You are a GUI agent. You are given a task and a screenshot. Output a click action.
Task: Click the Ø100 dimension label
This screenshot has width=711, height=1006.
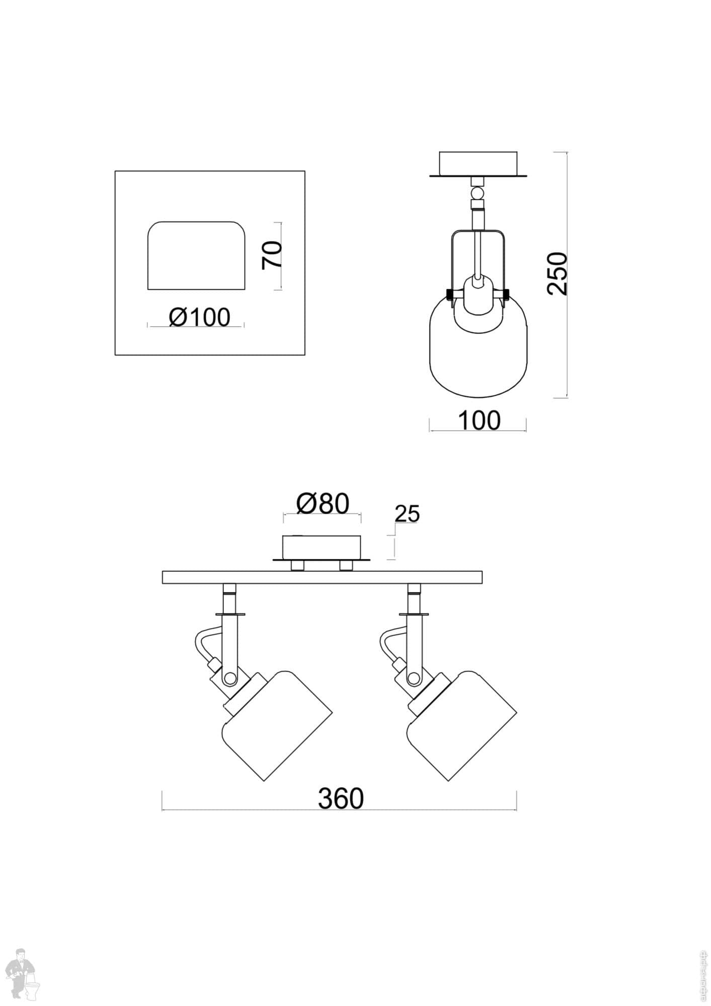click(x=199, y=317)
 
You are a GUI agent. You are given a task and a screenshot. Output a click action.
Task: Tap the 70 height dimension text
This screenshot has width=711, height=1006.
click(x=272, y=255)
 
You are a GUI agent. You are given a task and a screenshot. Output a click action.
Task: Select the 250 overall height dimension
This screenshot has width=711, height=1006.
click(x=558, y=274)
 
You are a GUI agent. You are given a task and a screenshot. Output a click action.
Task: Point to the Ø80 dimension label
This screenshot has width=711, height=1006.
click(x=323, y=504)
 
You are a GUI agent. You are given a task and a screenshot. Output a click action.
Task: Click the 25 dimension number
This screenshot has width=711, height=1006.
click(x=407, y=514)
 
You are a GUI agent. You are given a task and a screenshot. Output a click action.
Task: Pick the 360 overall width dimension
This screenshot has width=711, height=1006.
click(x=340, y=798)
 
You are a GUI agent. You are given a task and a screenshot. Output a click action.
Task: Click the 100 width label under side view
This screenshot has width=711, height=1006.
click(x=479, y=421)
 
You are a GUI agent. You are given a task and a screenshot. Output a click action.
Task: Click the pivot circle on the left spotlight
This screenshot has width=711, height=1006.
click(x=230, y=679)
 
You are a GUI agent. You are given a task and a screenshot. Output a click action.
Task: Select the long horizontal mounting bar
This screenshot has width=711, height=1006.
click(x=322, y=577)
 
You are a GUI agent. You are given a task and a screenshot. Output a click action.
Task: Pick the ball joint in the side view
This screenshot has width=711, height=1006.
click(x=477, y=193)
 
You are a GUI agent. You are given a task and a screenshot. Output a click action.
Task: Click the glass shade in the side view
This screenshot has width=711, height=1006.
click(x=478, y=352)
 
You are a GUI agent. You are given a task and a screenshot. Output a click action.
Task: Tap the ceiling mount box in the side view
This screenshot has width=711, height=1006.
click(x=478, y=163)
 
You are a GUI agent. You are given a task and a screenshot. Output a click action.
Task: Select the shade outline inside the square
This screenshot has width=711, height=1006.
click(x=196, y=256)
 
